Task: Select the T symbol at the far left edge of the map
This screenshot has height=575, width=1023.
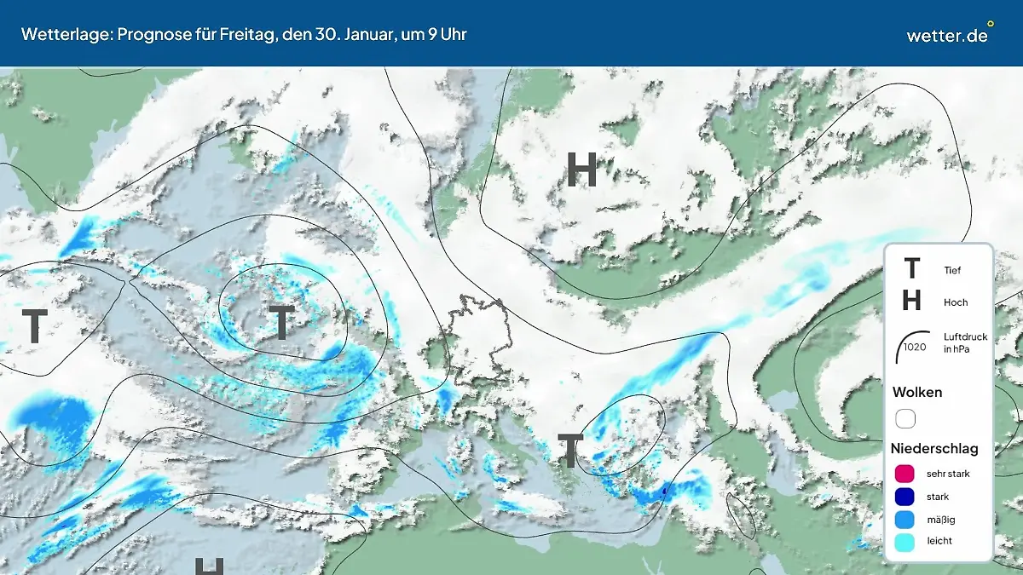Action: pos(34,326)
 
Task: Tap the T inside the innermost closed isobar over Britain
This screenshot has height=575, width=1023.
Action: pos(281,321)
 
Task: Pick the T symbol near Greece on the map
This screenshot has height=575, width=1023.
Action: pos(569,450)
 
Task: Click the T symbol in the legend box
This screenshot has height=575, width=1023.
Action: pos(911,269)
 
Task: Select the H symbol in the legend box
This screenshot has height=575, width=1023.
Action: pos(911,301)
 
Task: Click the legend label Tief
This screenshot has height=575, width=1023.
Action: pos(952,271)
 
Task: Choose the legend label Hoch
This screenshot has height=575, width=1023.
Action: pos(956,302)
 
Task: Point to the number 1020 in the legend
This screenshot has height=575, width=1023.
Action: pos(915,348)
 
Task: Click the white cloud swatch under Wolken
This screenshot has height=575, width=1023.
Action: pos(905,419)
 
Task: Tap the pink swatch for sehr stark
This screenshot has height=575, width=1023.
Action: pos(905,474)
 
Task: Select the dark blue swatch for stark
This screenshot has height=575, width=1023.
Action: pos(905,497)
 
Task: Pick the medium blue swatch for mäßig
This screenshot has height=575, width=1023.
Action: pos(905,519)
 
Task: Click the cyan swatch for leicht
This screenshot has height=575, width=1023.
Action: pos(905,541)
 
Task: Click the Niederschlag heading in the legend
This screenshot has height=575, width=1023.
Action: pos(934,448)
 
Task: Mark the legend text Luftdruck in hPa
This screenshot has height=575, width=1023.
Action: pos(965,342)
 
